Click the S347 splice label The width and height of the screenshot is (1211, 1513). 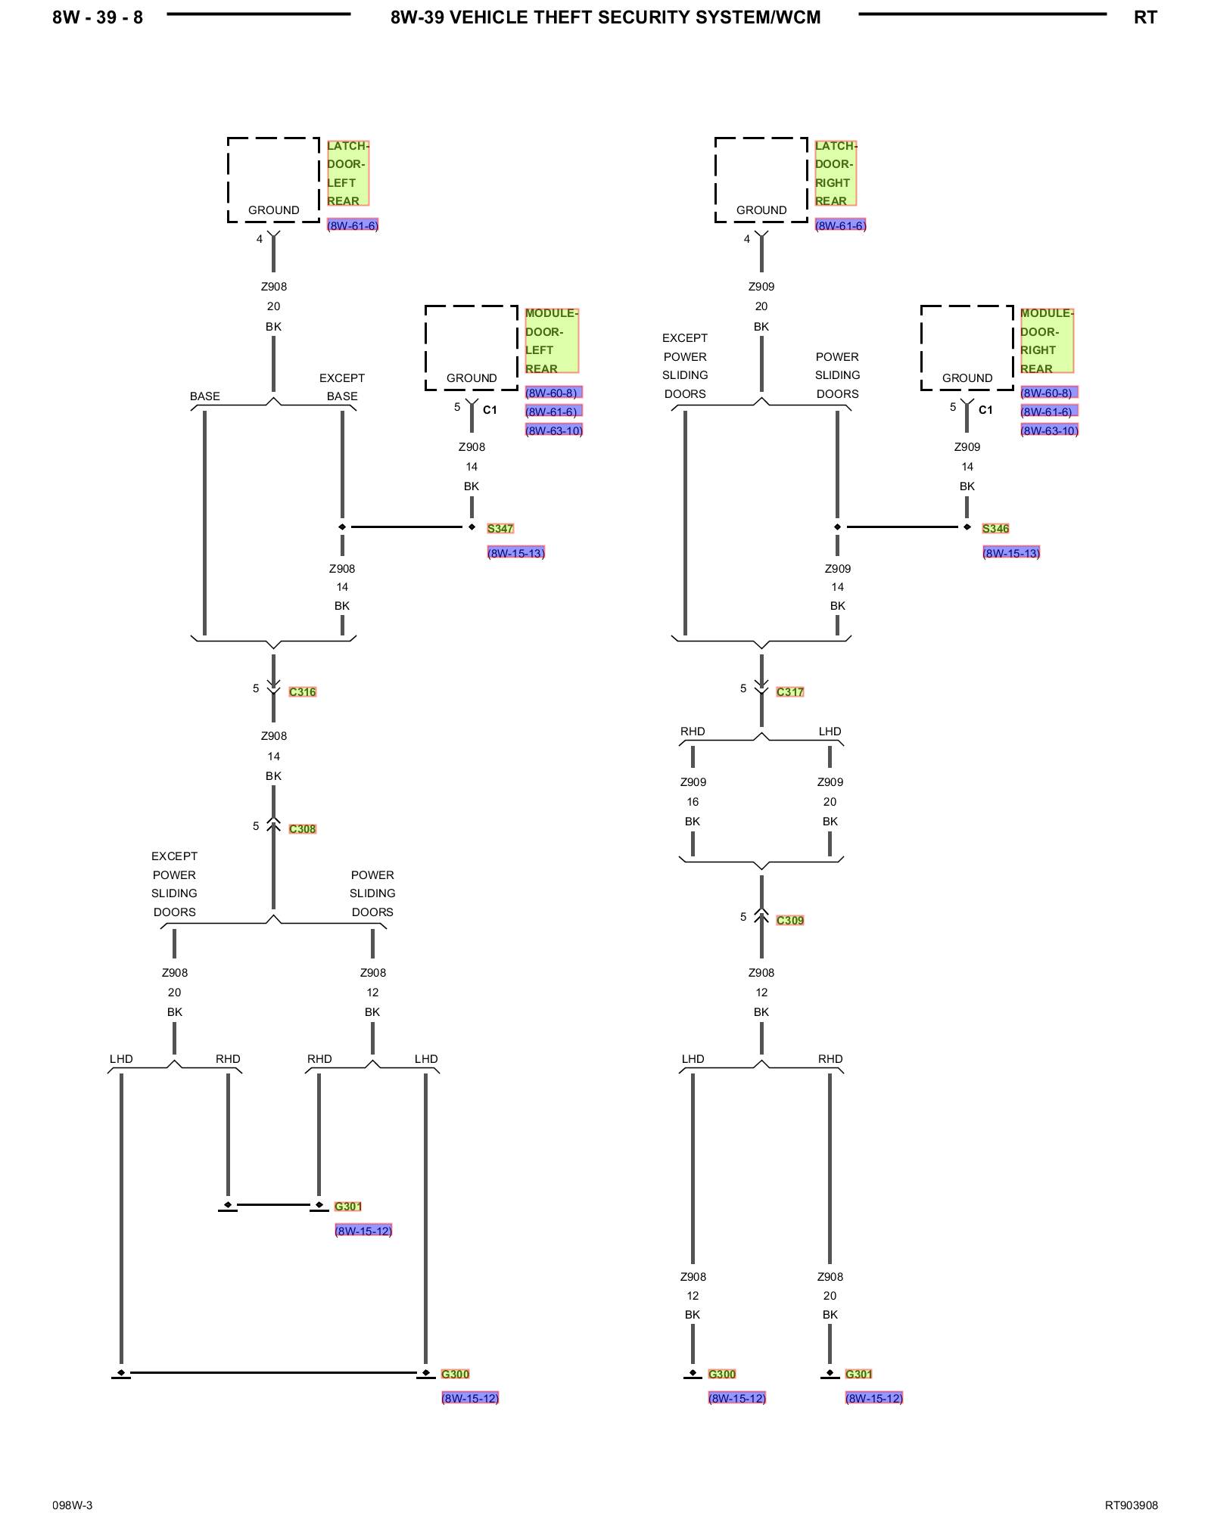500,528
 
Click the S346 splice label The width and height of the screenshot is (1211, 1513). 995,528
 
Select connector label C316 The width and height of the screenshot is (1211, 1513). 302,691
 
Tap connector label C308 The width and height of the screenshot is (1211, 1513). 302,828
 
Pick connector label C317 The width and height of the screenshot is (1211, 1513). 789,691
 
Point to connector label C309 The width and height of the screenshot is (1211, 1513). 789,920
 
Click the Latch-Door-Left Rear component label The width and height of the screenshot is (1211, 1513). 347,172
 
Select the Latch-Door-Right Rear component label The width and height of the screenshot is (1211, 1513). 836,172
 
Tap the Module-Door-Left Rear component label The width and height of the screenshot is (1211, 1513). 552,340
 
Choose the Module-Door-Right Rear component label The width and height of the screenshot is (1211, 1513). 1047,340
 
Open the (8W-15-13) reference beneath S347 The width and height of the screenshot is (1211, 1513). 516,553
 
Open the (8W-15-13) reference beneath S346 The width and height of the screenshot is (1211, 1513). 1011,553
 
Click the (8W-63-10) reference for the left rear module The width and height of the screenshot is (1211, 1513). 554,430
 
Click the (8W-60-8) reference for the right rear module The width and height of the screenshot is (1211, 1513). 1048,393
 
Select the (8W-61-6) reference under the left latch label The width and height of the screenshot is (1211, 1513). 353,225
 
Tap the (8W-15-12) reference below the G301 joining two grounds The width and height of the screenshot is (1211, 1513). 363,1231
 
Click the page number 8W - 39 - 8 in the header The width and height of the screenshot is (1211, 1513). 98,17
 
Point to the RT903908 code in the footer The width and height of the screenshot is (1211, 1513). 1131,1505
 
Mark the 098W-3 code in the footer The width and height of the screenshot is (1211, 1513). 73,1505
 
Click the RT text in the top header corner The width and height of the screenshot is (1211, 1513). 1145,17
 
